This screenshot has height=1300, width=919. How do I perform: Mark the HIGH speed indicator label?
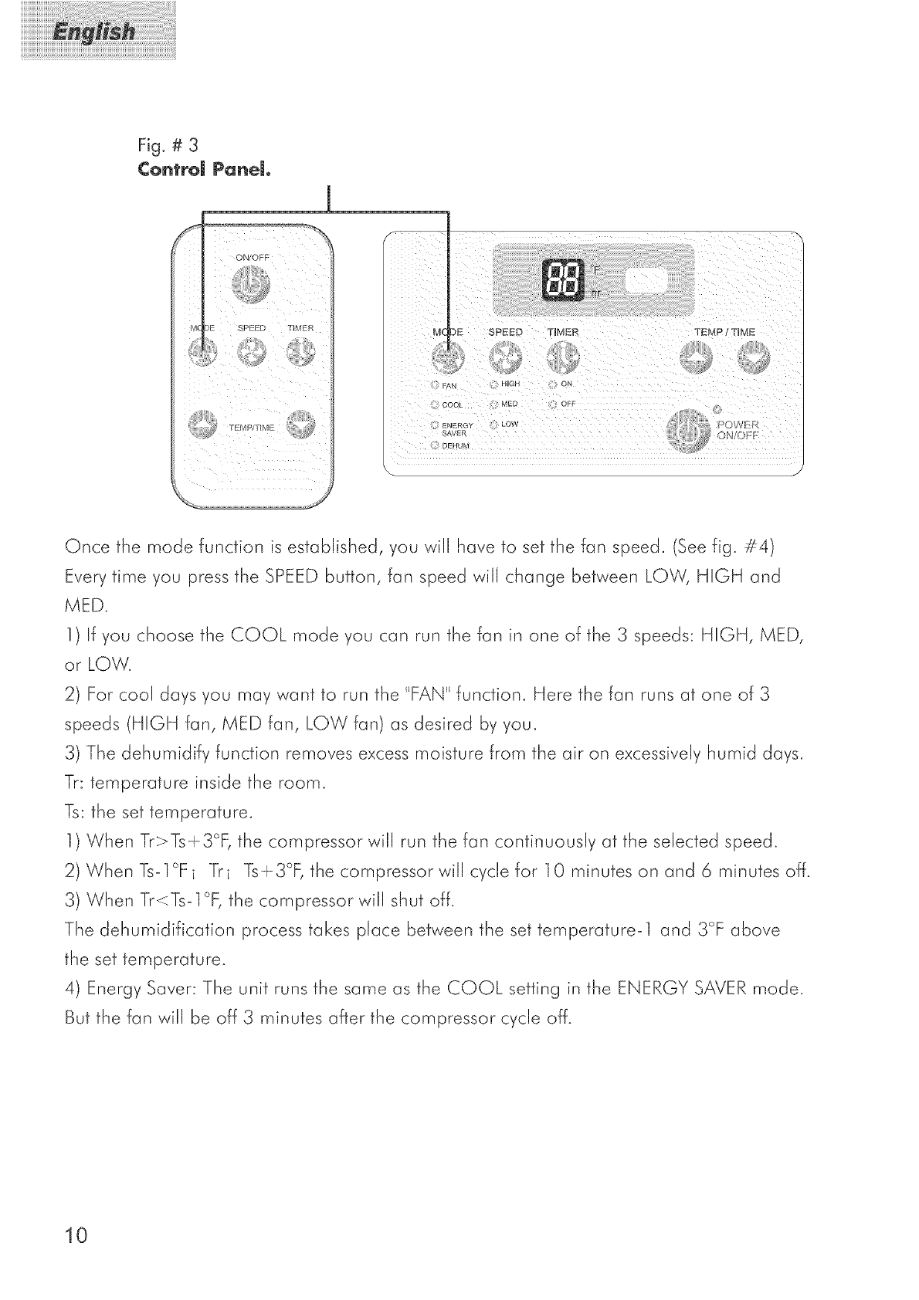511,385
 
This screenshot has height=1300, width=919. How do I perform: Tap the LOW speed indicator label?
510,424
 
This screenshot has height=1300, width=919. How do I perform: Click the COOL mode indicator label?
455,405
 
